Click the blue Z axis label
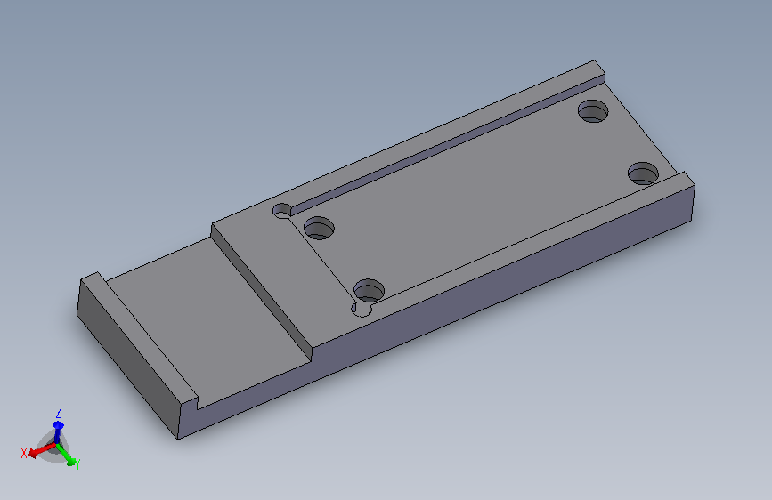(x=59, y=412)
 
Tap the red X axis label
(x=24, y=453)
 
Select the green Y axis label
(x=77, y=464)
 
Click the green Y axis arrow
(x=66, y=455)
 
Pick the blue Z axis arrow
(x=58, y=432)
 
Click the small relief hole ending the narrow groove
(x=282, y=211)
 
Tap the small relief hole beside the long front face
(x=361, y=309)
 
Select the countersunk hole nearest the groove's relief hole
(x=319, y=228)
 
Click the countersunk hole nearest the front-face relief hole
(x=369, y=291)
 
